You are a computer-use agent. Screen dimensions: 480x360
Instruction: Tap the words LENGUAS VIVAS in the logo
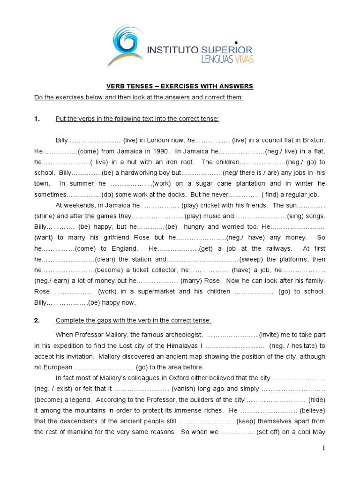226,59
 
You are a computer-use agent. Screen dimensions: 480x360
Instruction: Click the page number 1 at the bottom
323,448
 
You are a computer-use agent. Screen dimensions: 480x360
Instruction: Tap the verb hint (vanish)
186,389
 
